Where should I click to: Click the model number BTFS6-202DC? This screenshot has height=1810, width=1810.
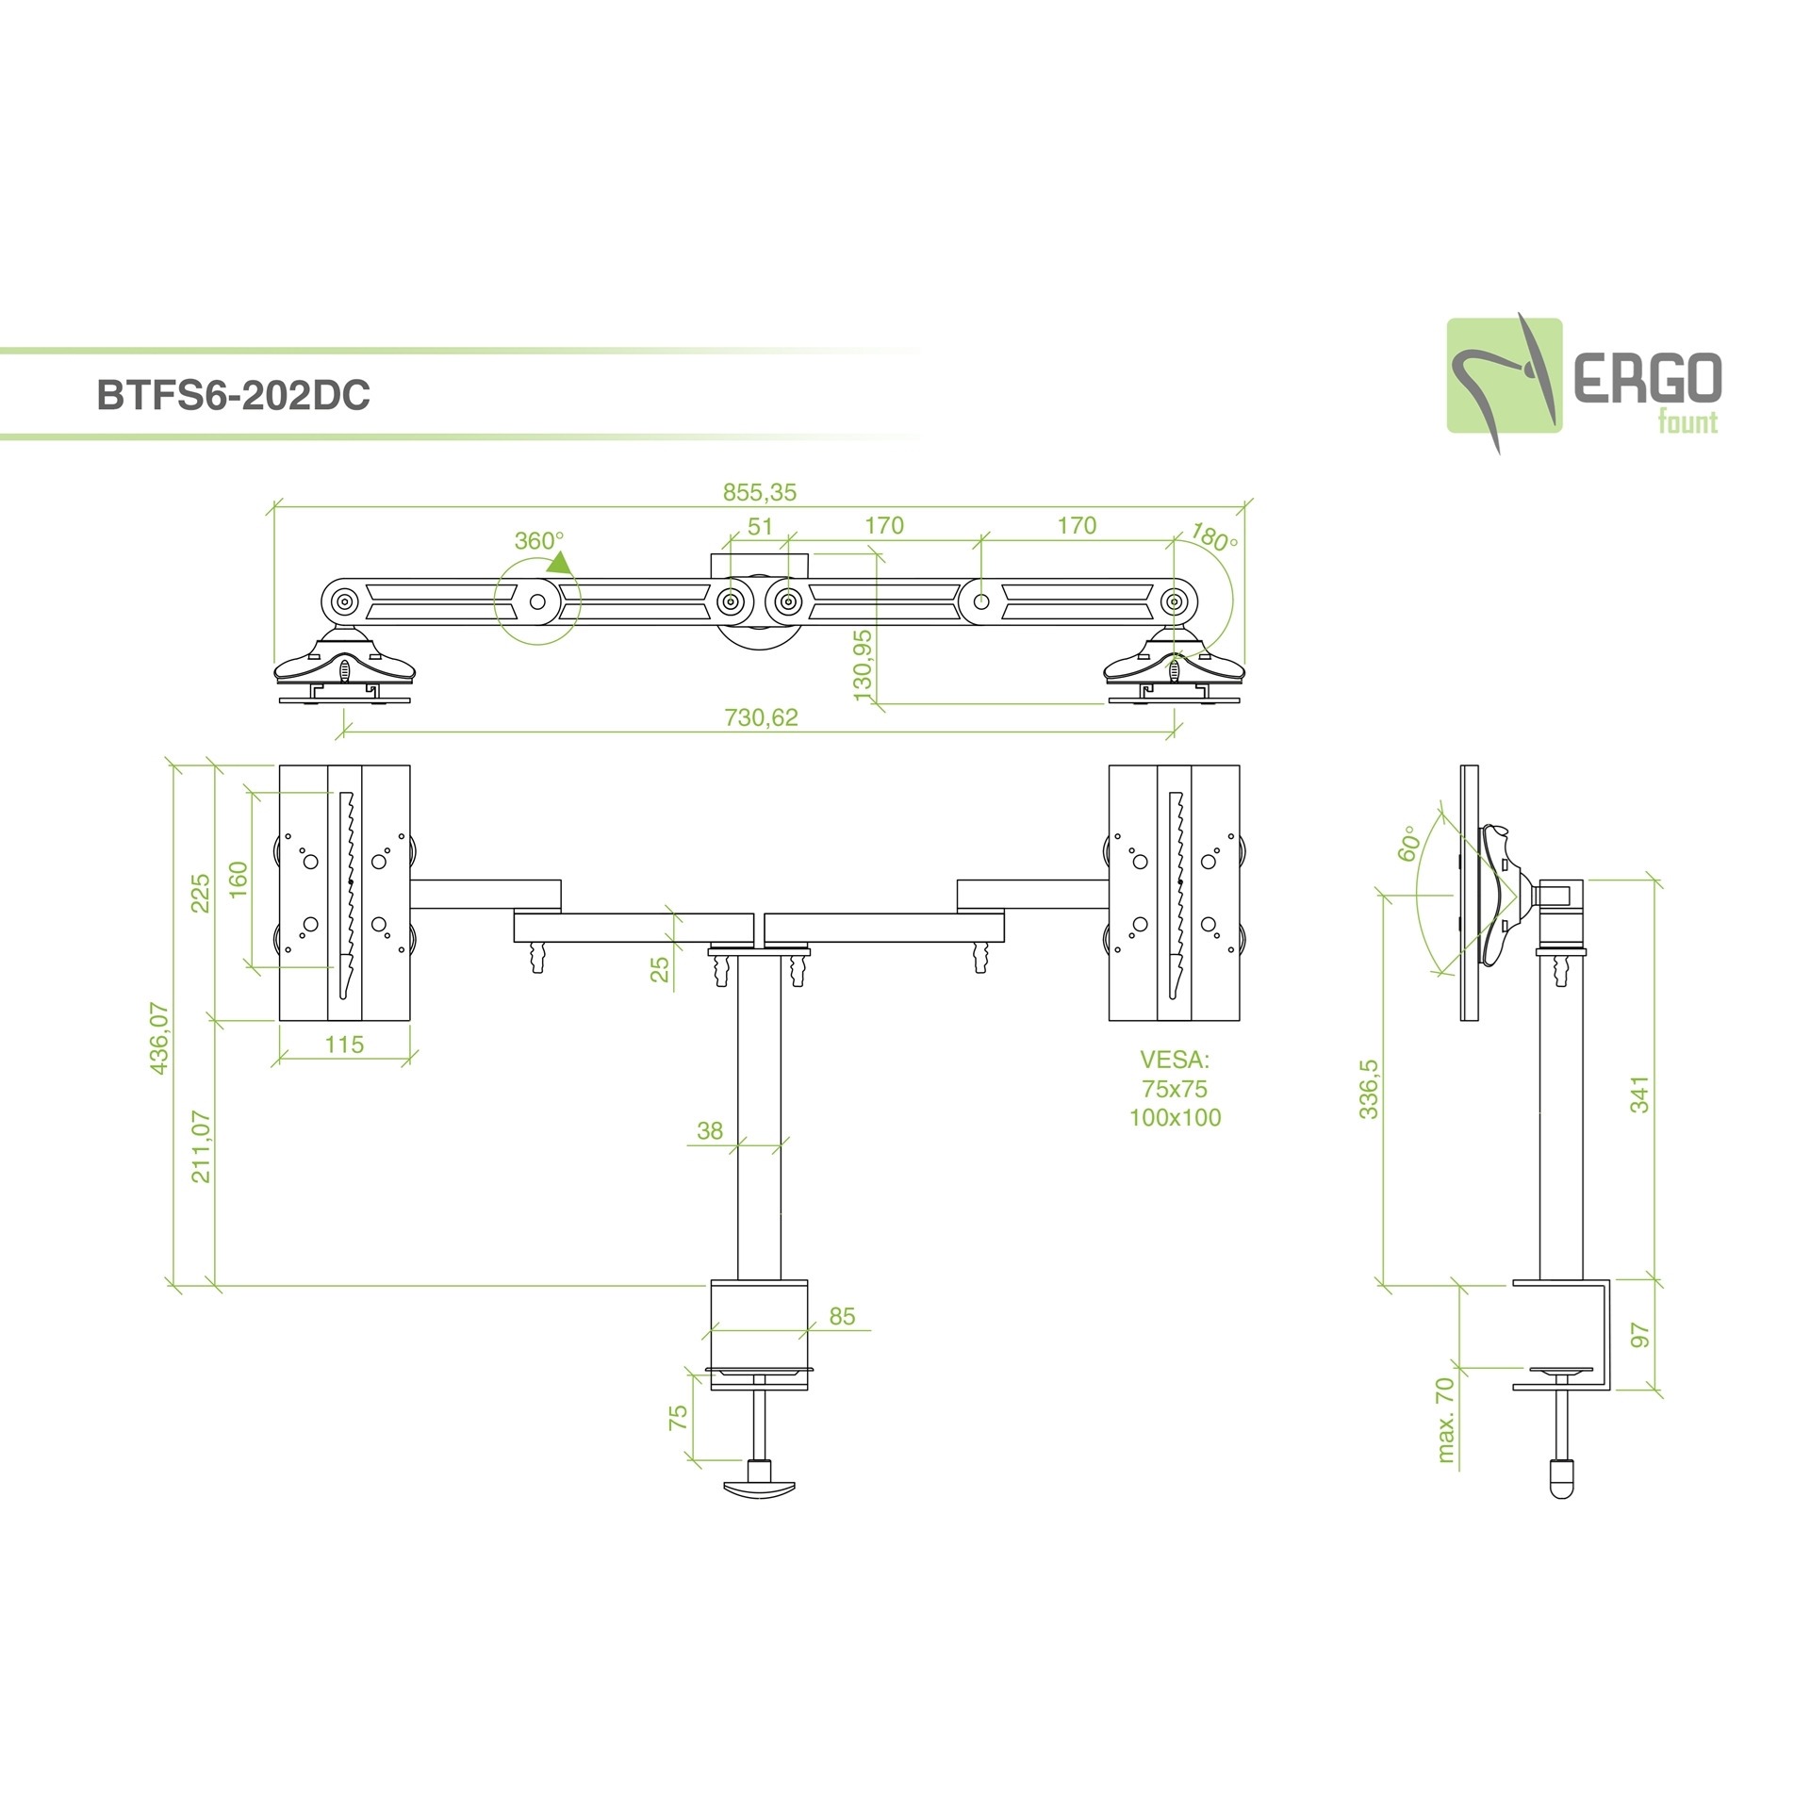tap(233, 395)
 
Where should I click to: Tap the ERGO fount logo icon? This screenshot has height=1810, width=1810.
tap(1505, 377)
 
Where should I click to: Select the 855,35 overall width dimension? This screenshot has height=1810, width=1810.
tap(760, 492)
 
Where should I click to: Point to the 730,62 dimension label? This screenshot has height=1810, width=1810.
tap(761, 717)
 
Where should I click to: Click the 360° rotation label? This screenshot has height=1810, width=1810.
tap(538, 541)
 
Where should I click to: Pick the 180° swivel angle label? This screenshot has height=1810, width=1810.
tap(1212, 537)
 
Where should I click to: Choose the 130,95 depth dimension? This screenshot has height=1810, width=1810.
tap(863, 665)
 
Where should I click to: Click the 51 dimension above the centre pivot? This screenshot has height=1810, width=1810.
tap(760, 526)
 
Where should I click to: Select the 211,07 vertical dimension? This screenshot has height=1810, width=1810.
tap(201, 1146)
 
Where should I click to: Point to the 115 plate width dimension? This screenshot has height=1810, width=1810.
tap(344, 1045)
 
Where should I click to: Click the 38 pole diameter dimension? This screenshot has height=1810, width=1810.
tap(710, 1130)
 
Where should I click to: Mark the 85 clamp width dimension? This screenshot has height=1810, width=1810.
tap(842, 1316)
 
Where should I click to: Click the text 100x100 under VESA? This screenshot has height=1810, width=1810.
tap(1175, 1118)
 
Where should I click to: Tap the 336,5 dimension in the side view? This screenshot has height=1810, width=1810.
tap(1369, 1089)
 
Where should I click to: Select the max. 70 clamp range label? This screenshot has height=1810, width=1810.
tap(1444, 1420)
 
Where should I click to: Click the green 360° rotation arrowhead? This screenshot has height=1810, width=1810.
tap(559, 563)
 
